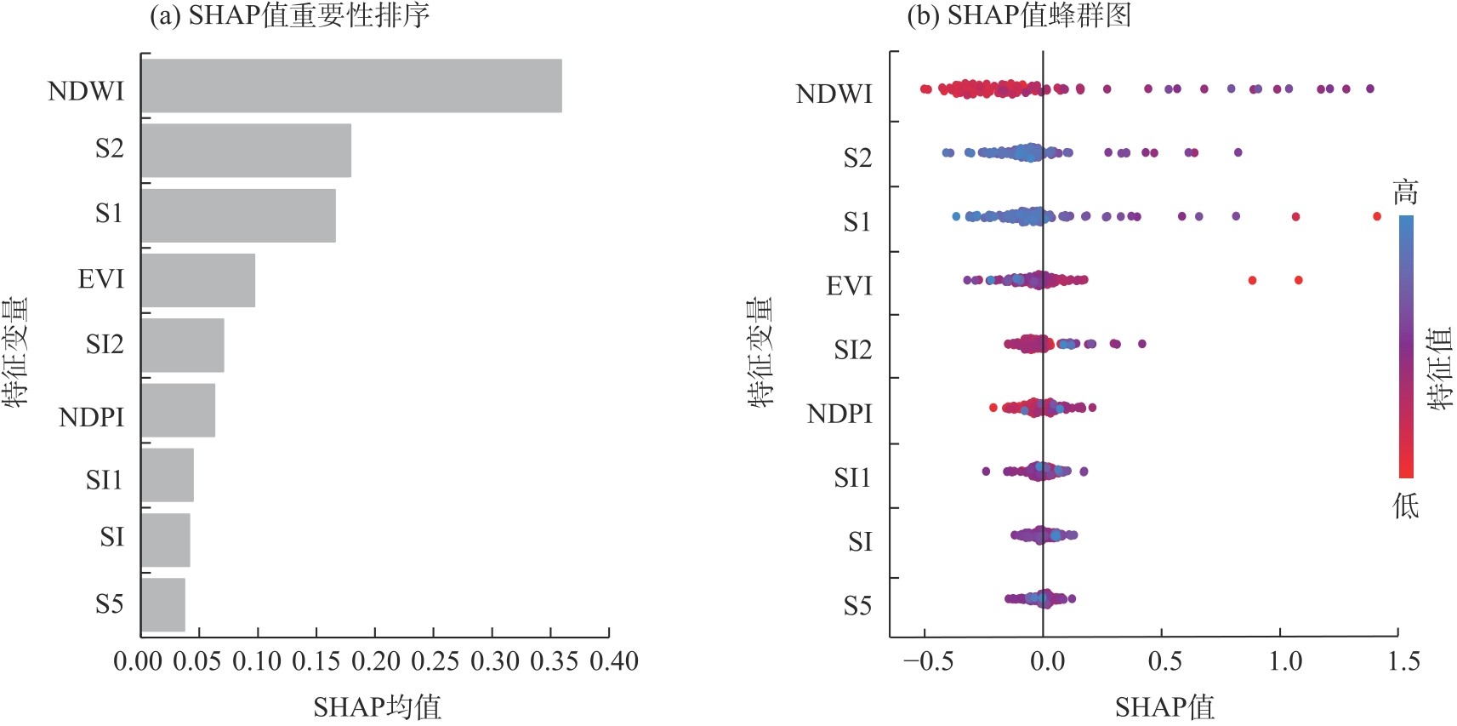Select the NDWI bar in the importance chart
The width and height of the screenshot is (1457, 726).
click(x=350, y=85)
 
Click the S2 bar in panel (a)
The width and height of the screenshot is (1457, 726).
click(x=246, y=151)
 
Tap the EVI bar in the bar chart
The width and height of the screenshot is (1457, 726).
click(x=197, y=280)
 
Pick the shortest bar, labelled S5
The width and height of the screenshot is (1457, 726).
click(x=162, y=605)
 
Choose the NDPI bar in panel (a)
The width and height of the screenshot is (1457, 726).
click(x=178, y=410)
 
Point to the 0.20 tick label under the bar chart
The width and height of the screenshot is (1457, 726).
click(x=375, y=661)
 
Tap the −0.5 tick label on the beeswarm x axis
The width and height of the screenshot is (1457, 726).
click(x=928, y=661)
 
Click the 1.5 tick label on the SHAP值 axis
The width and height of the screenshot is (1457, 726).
click(x=1403, y=661)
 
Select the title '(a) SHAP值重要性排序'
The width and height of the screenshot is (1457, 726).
click(x=289, y=15)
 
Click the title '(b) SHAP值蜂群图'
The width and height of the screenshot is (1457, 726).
click(x=1018, y=15)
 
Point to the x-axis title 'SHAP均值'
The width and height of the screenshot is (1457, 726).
click(x=377, y=706)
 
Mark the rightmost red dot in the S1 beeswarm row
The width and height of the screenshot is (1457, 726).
click(x=1377, y=216)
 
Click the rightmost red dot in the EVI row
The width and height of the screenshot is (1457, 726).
click(x=1298, y=280)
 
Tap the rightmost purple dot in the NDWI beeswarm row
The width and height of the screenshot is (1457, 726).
click(x=1369, y=89)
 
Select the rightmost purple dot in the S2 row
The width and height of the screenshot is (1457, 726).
click(x=1238, y=152)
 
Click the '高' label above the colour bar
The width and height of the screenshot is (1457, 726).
click(x=1405, y=192)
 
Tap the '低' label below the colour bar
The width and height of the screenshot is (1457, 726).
click(x=1405, y=506)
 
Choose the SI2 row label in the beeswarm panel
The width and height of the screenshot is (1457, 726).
click(x=852, y=350)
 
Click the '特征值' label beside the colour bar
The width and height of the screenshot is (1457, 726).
click(x=1440, y=368)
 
